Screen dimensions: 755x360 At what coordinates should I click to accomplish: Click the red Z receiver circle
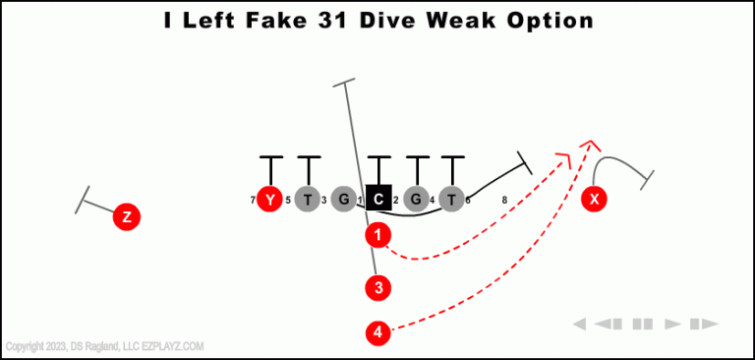click(126, 216)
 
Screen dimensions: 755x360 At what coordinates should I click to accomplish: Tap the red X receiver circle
click(594, 200)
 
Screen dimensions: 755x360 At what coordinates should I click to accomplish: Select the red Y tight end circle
click(269, 200)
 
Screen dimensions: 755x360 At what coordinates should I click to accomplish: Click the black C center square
click(378, 200)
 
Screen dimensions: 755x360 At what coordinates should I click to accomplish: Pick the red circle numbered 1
click(378, 235)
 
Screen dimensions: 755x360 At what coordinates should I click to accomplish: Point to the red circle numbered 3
click(377, 288)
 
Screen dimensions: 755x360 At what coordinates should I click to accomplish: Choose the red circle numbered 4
click(377, 333)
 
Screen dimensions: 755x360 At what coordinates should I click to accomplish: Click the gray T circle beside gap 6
click(451, 200)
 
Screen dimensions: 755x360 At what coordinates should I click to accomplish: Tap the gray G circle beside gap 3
click(343, 200)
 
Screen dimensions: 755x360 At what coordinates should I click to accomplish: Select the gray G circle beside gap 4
click(416, 200)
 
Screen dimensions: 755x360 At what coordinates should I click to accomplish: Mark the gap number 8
click(504, 201)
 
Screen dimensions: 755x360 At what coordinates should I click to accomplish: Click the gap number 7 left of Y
click(253, 201)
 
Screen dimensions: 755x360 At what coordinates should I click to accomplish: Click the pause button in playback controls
click(643, 324)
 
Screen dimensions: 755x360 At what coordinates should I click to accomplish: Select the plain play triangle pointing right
click(673, 324)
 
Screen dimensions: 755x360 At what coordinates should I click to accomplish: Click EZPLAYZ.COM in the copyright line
click(173, 346)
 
